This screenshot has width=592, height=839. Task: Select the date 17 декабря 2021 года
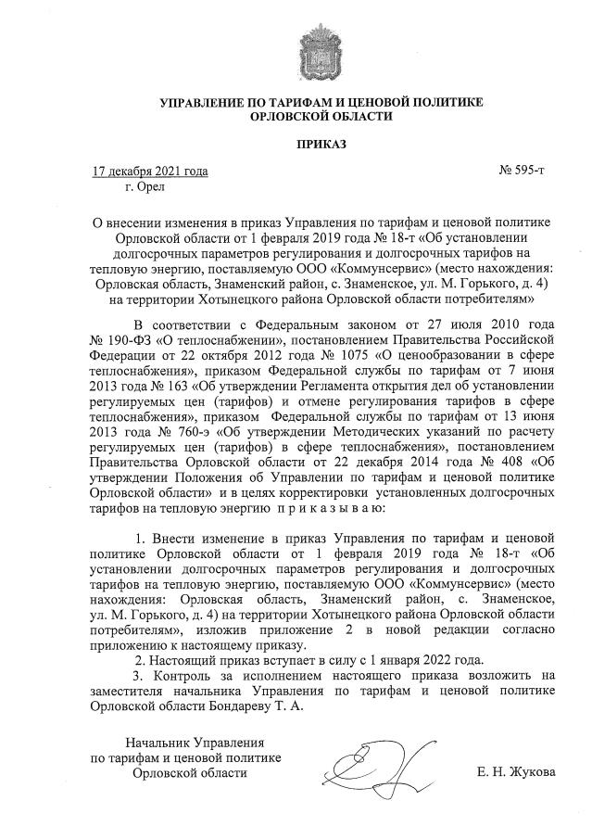(x=150, y=172)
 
